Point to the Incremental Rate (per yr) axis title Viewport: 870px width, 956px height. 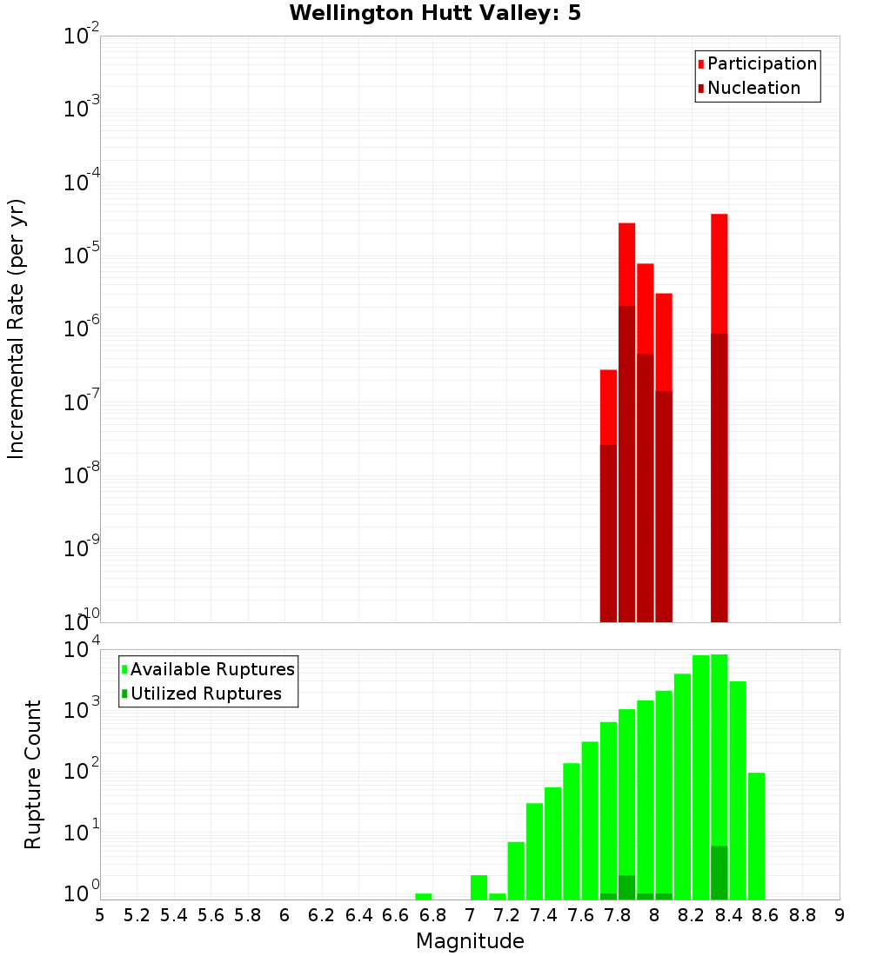(x=17, y=329)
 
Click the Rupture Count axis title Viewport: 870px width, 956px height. (x=33, y=774)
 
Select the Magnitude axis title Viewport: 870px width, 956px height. (x=470, y=941)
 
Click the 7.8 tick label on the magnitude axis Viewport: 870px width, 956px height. (x=618, y=915)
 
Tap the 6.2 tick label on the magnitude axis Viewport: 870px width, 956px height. (x=322, y=915)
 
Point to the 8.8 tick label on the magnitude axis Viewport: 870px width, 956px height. (x=802, y=915)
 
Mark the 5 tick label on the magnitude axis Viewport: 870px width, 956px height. (x=100, y=915)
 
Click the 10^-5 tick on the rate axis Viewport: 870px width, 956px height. (x=82, y=256)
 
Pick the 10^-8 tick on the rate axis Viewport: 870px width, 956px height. (x=82, y=475)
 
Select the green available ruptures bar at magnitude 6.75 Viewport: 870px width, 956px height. (x=424, y=896)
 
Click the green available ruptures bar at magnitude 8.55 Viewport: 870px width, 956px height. (x=756, y=835)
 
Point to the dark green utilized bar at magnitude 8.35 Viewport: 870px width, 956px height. (x=719, y=872)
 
